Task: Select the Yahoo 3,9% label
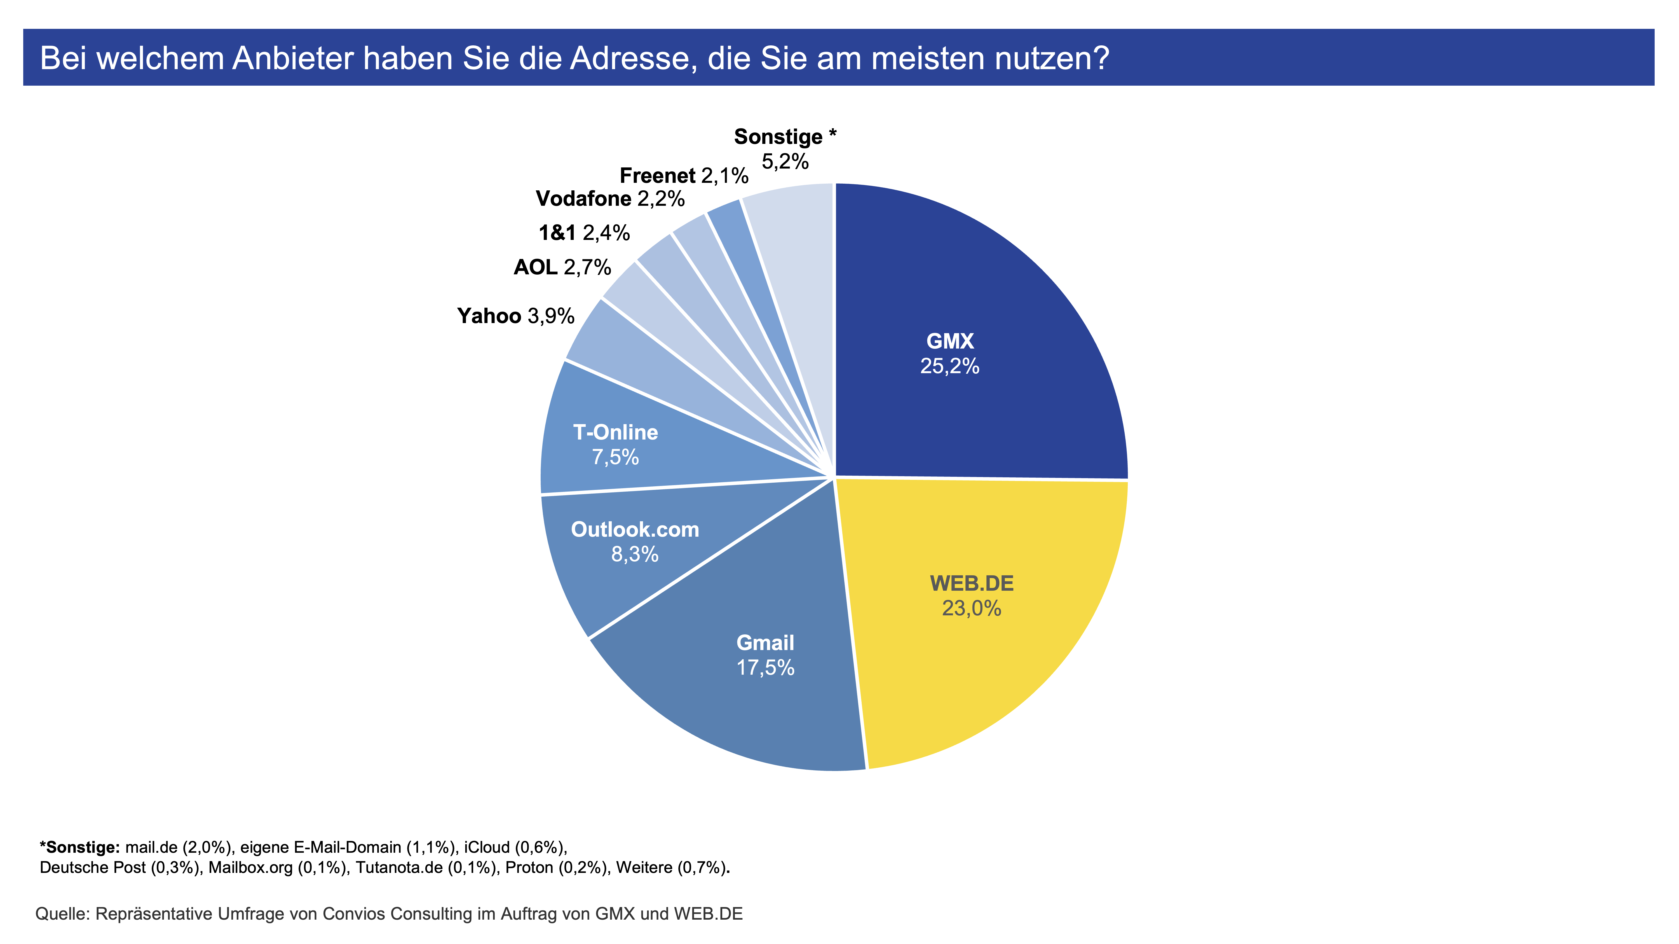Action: (x=515, y=316)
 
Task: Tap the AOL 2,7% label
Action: (x=562, y=267)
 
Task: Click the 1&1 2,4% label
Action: (x=584, y=233)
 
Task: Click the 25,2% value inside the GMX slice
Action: (x=950, y=366)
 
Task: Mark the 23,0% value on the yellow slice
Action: (x=971, y=608)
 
